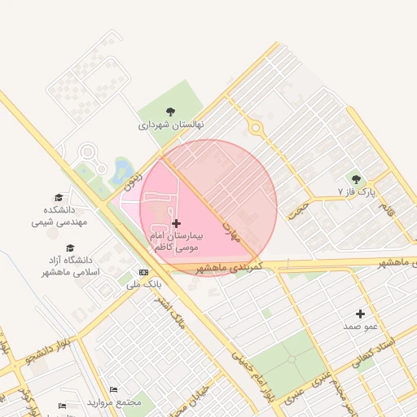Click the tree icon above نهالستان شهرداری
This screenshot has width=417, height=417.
[170, 112]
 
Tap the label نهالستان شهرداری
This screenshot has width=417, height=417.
[170, 125]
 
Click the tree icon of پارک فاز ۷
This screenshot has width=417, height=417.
[355, 179]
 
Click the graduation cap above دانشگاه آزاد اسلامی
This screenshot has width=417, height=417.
[70, 248]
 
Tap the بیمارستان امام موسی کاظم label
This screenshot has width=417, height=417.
[176, 239]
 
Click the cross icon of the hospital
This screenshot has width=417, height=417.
[177, 222]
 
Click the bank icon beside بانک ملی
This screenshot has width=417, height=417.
[144, 273]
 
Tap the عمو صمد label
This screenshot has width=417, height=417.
[360, 327]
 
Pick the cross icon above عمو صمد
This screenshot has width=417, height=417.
[361, 314]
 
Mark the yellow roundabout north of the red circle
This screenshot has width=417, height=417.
[256, 127]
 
